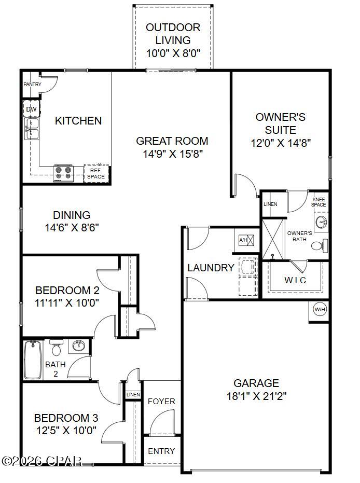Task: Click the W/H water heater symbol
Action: coord(320,310)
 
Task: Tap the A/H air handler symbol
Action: coord(246,240)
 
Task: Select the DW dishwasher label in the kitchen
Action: coord(31,109)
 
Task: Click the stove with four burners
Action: coord(64,173)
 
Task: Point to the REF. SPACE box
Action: coord(96,173)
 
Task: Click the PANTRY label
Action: coord(32,84)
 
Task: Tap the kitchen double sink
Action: coord(32,129)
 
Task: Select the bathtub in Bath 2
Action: coord(33,360)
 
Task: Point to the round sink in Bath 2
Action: coord(79,346)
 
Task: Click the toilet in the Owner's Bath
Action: coord(321,244)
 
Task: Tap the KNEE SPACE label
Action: coord(319,202)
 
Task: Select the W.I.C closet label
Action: coord(295,281)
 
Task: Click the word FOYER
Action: coord(161,401)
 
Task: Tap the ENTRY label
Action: coord(161,451)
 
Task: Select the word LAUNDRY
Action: coord(211,268)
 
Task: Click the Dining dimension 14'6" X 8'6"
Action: coord(72,227)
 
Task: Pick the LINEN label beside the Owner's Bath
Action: coord(270,204)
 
